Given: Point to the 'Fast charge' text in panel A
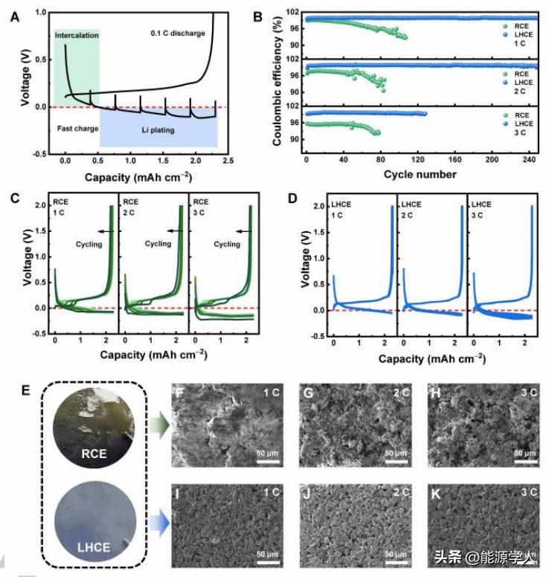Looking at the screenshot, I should [77, 129].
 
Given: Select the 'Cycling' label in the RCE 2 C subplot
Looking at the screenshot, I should [158, 243].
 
